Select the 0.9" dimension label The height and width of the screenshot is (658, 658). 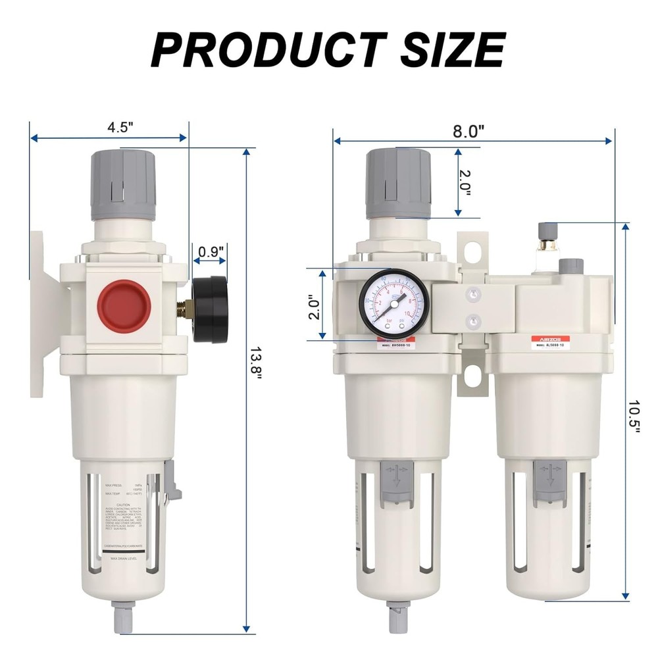(211, 251)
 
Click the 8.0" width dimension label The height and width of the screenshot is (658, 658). (468, 130)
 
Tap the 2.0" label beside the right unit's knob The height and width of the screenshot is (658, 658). (465, 182)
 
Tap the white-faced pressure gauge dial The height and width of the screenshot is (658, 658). (393, 303)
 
